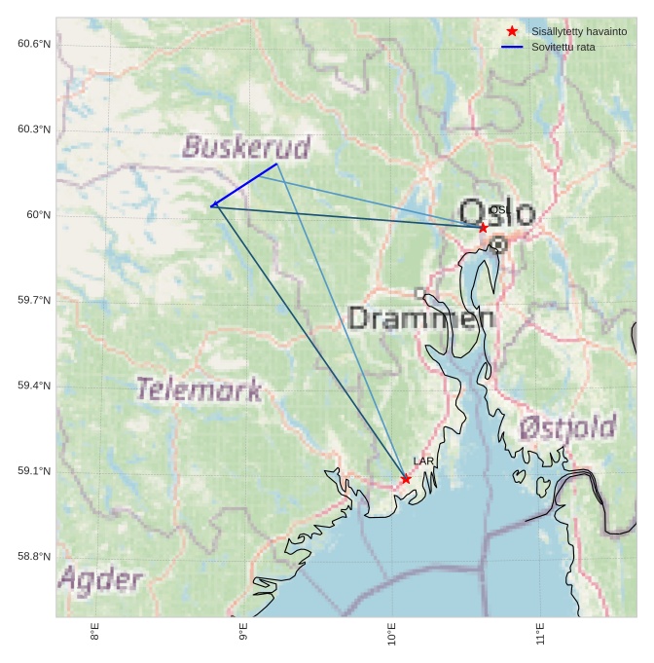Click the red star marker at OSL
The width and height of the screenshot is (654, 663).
click(x=483, y=228)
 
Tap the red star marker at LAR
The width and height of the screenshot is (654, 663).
click(x=406, y=479)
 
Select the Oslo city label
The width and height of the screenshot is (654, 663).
click(x=496, y=213)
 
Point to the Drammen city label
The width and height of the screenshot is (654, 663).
click(x=420, y=317)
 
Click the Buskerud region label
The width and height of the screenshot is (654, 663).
click(x=246, y=147)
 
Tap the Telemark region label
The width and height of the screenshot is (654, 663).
click(x=199, y=390)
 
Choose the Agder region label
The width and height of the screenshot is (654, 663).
click(x=100, y=580)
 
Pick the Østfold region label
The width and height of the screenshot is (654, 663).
click(x=566, y=426)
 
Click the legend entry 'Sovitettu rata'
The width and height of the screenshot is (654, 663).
click(x=563, y=47)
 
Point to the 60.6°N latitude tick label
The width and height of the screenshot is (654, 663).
click(x=34, y=44)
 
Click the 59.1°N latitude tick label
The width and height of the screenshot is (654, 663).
click(x=34, y=471)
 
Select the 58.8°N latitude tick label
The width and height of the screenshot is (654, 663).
click(x=34, y=557)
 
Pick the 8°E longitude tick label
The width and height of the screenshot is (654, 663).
click(x=94, y=633)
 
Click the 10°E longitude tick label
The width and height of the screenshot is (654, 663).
click(x=391, y=635)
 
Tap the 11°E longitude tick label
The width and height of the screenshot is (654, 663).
click(x=540, y=635)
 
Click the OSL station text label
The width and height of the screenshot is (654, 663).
click(x=500, y=210)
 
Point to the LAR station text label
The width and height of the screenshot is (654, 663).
click(x=423, y=461)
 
